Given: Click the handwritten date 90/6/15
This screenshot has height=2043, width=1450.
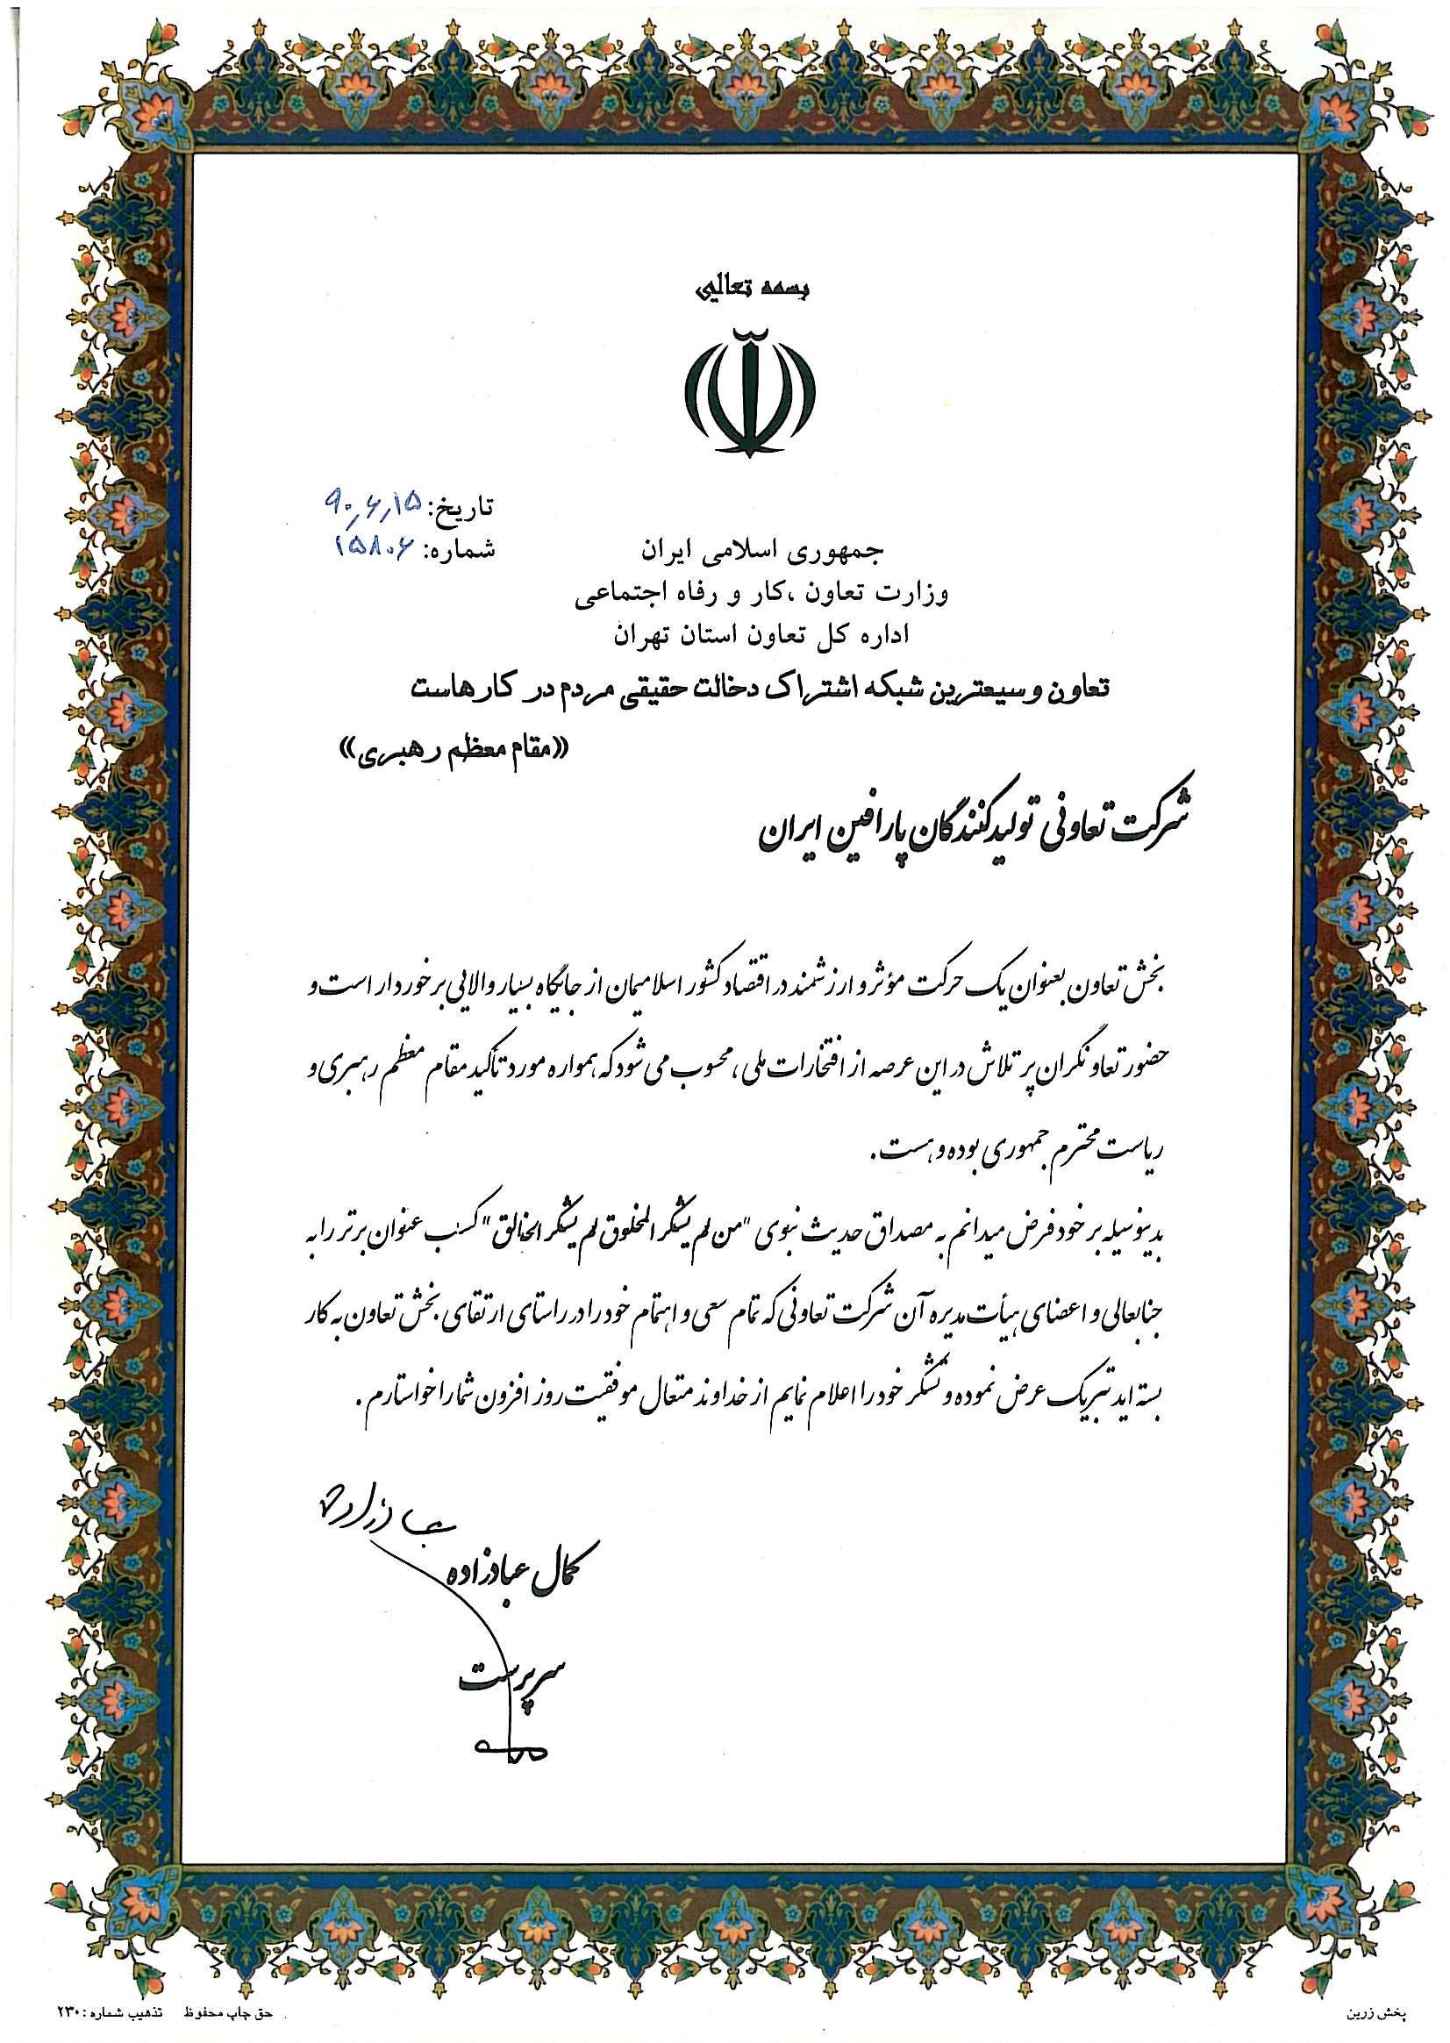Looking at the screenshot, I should pyautogui.click(x=375, y=504).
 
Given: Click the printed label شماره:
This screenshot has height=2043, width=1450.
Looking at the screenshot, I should pyautogui.click(x=461, y=547).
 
